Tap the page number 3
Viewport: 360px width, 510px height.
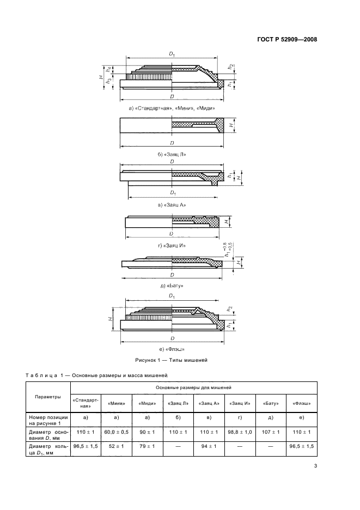coord(315,465)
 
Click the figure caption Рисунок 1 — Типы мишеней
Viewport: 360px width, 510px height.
coord(171,360)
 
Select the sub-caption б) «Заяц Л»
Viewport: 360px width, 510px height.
coord(172,154)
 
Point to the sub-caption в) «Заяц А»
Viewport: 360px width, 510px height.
coord(172,205)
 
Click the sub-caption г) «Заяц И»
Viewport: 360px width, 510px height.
coord(172,246)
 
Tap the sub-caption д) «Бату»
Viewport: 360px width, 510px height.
coord(172,285)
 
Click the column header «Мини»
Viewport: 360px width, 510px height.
coord(117,403)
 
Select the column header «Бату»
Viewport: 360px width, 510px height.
coord(271,403)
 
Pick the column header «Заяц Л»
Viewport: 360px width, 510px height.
coord(179,403)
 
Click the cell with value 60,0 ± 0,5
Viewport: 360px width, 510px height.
coord(117,432)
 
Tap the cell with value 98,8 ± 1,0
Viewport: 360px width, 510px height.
coord(240,432)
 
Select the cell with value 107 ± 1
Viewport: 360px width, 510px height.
coord(271,432)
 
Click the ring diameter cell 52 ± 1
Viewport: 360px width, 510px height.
coord(117,447)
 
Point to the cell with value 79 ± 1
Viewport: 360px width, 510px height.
coord(148,447)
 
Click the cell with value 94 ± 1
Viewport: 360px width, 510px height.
coord(210,447)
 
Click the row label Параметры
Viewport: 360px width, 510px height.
coord(48,396)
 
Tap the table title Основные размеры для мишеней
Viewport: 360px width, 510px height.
coord(194,387)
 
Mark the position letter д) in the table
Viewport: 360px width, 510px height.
coord(271,417)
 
